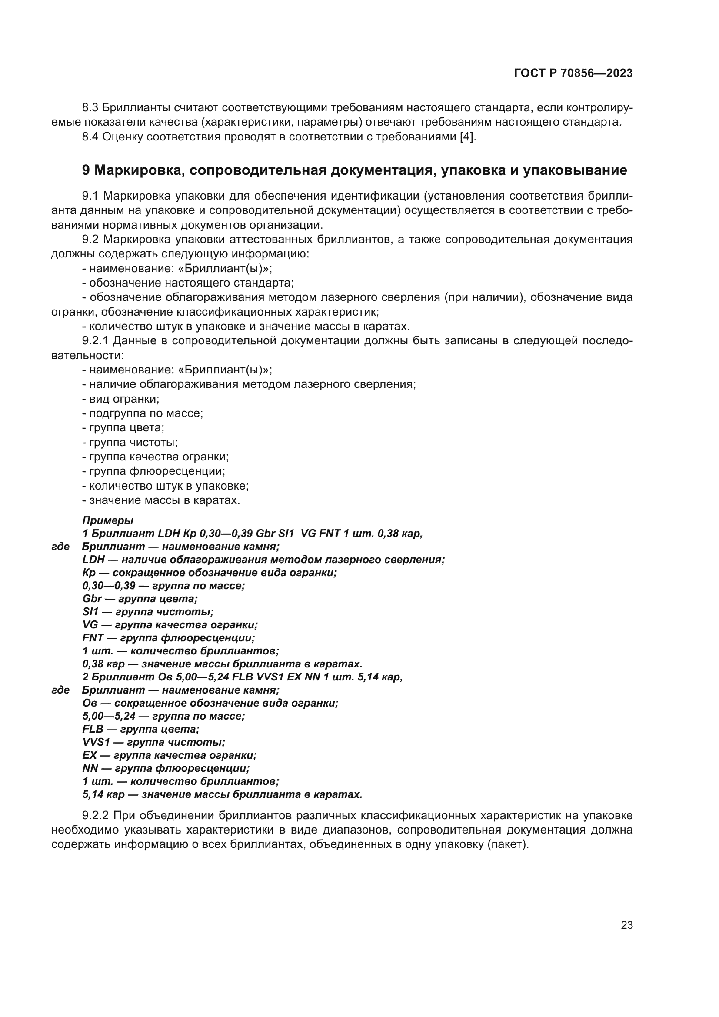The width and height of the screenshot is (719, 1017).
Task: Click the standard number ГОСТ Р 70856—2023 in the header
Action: point(573,73)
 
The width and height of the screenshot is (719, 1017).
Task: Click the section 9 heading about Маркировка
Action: point(354,170)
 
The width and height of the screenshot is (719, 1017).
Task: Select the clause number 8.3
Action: point(91,108)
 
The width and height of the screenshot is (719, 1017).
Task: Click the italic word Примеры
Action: point(107,520)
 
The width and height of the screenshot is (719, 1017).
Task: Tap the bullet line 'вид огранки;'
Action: point(121,399)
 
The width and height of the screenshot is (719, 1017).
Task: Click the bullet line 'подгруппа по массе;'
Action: point(143,413)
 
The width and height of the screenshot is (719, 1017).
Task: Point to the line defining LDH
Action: point(263,560)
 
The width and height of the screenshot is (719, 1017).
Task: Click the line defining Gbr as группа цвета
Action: point(140,599)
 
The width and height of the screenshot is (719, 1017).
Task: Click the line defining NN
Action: point(166,768)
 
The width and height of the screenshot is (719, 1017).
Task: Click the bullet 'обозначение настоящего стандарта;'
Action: point(188,283)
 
